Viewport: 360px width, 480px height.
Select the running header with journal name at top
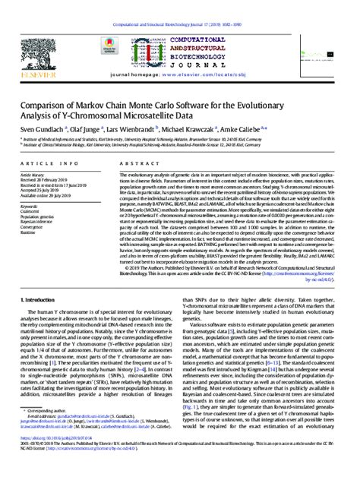(179, 7)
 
